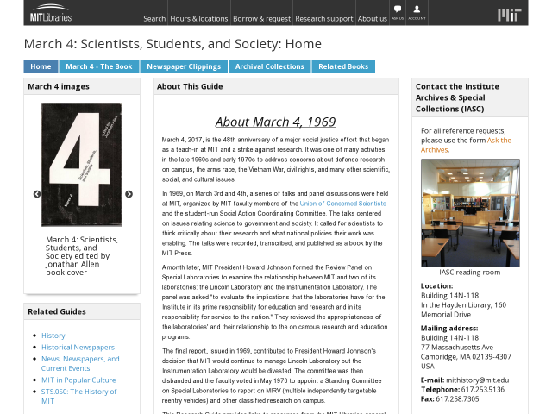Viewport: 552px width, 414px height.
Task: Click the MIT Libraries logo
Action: click(x=51, y=14)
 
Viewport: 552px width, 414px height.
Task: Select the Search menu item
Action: click(x=154, y=18)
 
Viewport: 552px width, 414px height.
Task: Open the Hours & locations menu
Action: click(x=199, y=18)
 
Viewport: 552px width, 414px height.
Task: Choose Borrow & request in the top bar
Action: click(x=261, y=18)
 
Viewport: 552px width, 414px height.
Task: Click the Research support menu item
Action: click(x=324, y=18)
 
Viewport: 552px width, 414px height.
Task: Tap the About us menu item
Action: click(x=373, y=18)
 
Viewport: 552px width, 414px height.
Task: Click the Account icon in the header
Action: click(x=417, y=12)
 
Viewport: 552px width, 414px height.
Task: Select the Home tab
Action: click(x=41, y=66)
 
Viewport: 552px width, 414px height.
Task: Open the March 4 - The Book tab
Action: click(x=99, y=66)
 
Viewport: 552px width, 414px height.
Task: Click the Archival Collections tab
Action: click(x=269, y=66)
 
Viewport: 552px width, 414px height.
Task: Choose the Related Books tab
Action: click(x=343, y=66)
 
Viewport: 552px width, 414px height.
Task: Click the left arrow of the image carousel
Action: click(x=37, y=194)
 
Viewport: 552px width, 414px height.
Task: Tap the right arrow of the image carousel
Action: click(x=129, y=194)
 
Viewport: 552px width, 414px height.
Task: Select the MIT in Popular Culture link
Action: click(x=78, y=379)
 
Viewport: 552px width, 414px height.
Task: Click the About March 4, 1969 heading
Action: click(x=275, y=122)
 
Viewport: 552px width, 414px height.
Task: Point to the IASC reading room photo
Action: click(x=470, y=212)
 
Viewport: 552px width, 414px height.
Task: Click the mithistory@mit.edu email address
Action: click(x=477, y=379)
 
